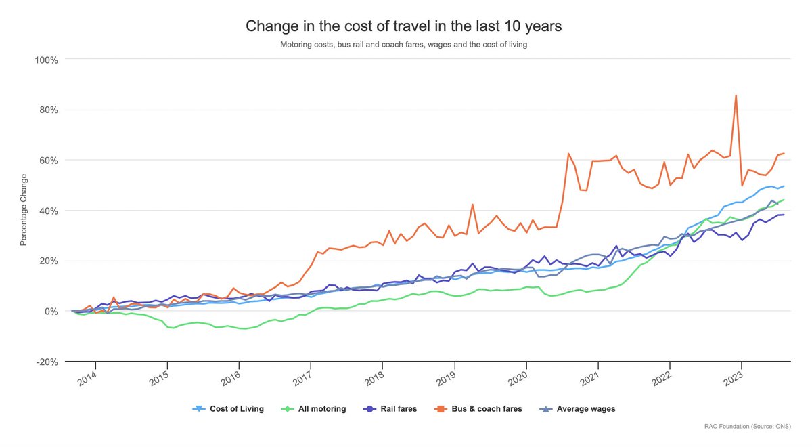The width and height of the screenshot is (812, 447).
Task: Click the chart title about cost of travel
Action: coord(403,26)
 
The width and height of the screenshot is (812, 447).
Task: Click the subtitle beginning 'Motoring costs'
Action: coord(403,45)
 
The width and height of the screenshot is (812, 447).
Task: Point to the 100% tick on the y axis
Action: coord(46,60)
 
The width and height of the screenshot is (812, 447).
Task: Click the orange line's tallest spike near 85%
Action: coord(736,96)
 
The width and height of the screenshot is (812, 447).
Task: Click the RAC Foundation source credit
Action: coord(747,427)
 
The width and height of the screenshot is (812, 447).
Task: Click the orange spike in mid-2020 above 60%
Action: coord(568,154)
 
